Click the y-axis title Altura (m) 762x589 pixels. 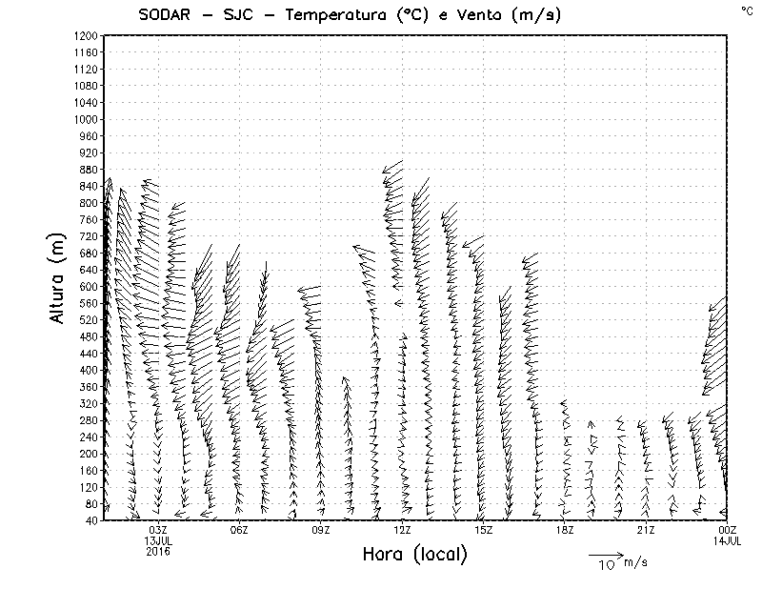pyautogui.click(x=59, y=277)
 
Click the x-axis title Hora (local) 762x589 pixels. pyautogui.click(x=414, y=555)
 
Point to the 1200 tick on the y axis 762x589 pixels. pyautogui.click(x=85, y=35)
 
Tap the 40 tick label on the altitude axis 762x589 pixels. pyautogui.click(x=90, y=520)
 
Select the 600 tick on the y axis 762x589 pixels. pyautogui.click(x=88, y=286)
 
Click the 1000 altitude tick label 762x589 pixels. pyautogui.click(x=85, y=119)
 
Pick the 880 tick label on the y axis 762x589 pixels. pyautogui.click(x=88, y=169)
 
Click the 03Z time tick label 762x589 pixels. pyautogui.click(x=158, y=530)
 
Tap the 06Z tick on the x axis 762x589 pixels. pyautogui.click(x=239, y=530)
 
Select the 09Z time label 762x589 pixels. pyautogui.click(x=321, y=530)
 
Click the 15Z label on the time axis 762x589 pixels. pyautogui.click(x=483, y=530)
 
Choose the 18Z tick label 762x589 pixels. pyautogui.click(x=565, y=530)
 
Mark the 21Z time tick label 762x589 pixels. pyautogui.click(x=646, y=530)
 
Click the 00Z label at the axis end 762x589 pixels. pyautogui.click(x=728, y=530)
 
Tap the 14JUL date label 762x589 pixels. pyautogui.click(x=728, y=540)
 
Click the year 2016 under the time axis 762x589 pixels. pyautogui.click(x=158, y=551)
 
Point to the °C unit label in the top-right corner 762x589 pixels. pyautogui.click(x=746, y=10)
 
